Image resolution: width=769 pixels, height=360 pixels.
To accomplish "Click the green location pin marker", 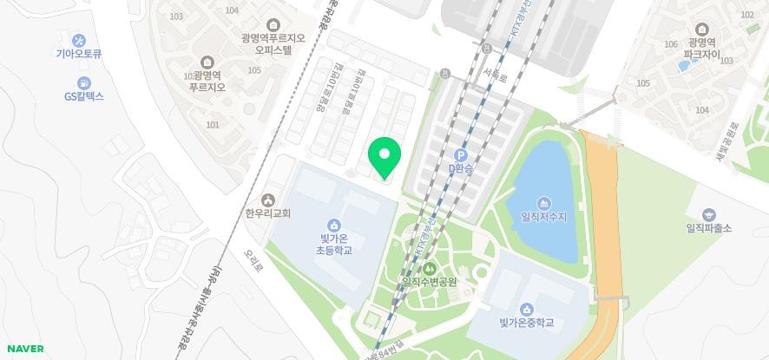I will [x=384, y=157].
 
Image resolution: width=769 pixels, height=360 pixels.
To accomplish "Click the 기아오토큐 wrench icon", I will [x=79, y=40].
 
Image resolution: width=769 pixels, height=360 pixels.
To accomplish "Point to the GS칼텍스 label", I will [x=83, y=96].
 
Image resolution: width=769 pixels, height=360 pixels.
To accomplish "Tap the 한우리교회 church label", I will [x=267, y=213].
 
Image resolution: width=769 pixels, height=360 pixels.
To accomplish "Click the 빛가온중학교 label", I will [x=526, y=324].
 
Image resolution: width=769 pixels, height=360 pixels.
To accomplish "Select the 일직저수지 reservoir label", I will [x=543, y=217].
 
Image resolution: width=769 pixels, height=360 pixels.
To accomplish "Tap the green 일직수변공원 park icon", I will [x=429, y=268].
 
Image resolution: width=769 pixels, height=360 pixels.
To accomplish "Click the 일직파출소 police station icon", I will [x=709, y=214].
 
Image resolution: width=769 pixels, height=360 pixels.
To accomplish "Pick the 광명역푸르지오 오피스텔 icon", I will [x=274, y=24].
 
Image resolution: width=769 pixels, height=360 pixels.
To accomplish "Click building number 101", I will [x=213, y=125].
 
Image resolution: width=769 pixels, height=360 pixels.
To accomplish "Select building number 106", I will [x=669, y=44].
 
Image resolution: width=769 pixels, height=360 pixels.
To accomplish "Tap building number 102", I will [x=747, y=15].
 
